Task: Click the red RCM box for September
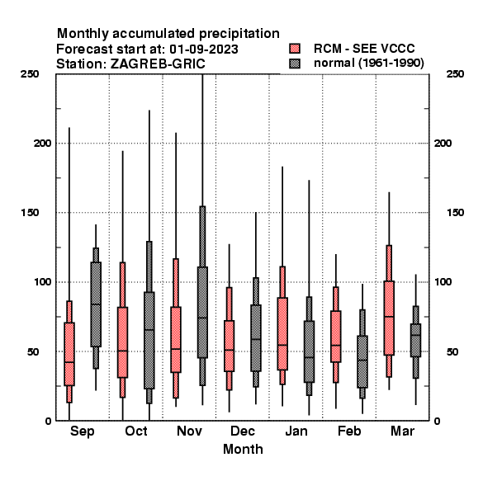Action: (x=69, y=354)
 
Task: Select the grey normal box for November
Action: (x=202, y=312)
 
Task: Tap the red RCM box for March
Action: (x=389, y=318)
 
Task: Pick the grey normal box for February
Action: (x=362, y=361)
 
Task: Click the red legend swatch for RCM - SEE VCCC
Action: (x=295, y=49)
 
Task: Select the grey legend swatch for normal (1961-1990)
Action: (x=295, y=64)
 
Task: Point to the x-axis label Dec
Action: (x=243, y=431)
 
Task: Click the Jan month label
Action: (x=296, y=431)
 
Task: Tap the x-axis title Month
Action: (x=243, y=449)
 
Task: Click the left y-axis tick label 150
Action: (x=30, y=213)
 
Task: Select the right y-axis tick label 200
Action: (x=443, y=143)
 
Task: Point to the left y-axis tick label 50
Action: (x=33, y=351)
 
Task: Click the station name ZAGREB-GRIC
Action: (x=158, y=64)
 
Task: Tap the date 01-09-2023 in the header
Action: (x=204, y=49)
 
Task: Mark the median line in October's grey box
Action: (x=149, y=330)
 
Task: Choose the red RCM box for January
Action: (x=282, y=333)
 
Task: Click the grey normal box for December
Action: (x=256, y=338)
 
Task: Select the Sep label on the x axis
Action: (x=82, y=431)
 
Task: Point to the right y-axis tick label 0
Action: (x=438, y=421)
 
